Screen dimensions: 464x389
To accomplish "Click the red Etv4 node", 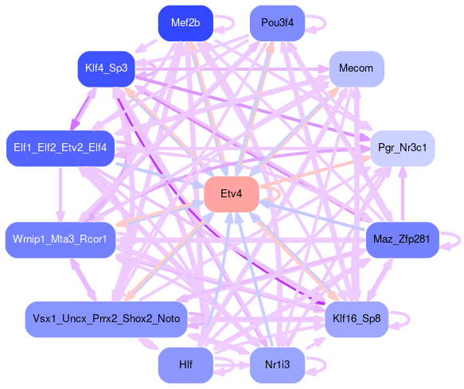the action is pyautogui.click(x=232, y=194).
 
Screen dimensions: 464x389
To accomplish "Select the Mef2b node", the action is pyautogui.click(x=185, y=23).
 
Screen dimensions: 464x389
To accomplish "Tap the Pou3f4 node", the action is pyautogui.click(x=277, y=23).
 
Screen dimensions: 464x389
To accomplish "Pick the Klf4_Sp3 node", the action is pyautogui.click(x=106, y=69).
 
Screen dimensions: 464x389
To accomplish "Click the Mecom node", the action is pyautogui.click(x=357, y=69).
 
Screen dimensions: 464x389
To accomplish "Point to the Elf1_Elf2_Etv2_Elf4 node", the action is pyautogui.click(x=60, y=148).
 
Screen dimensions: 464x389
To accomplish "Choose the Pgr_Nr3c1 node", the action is pyautogui.click(x=403, y=148).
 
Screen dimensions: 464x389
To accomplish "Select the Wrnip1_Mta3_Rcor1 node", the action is pyautogui.click(x=60, y=240).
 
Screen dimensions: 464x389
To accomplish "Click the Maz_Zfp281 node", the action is pyautogui.click(x=403, y=240).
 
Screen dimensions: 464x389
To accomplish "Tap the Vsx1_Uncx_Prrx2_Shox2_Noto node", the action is pyautogui.click(x=106, y=320).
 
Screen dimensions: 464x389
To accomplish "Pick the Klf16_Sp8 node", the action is pyautogui.click(x=357, y=320).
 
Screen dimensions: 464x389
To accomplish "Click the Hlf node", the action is pyautogui.click(x=185, y=365).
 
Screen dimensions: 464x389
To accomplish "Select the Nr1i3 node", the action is pyautogui.click(x=277, y=365).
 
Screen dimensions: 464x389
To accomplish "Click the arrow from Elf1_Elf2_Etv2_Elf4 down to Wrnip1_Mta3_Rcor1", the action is pyautogui.click(x=60, y=194).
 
